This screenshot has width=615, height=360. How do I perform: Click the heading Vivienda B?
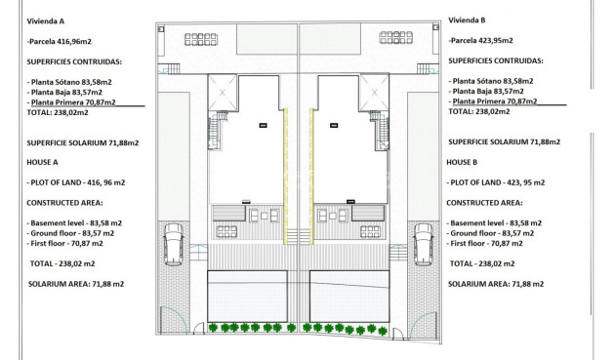point(467,20)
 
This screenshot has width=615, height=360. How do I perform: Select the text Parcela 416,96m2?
point(61,42)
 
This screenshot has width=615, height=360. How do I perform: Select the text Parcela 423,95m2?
point(481,42)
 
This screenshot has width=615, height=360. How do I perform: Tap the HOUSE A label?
point(44,162)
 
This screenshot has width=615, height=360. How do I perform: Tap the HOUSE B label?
point(462,162)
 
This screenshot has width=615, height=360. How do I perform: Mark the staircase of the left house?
point(217,131)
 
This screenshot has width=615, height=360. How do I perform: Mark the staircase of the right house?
point(379,131)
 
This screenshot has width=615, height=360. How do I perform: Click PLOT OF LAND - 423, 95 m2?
point(495,182)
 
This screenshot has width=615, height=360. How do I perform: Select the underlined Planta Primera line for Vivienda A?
point(72,101)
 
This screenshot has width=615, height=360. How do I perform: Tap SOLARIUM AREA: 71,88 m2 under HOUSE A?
point(76,283)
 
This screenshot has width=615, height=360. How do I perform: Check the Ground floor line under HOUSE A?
point(70,233)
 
